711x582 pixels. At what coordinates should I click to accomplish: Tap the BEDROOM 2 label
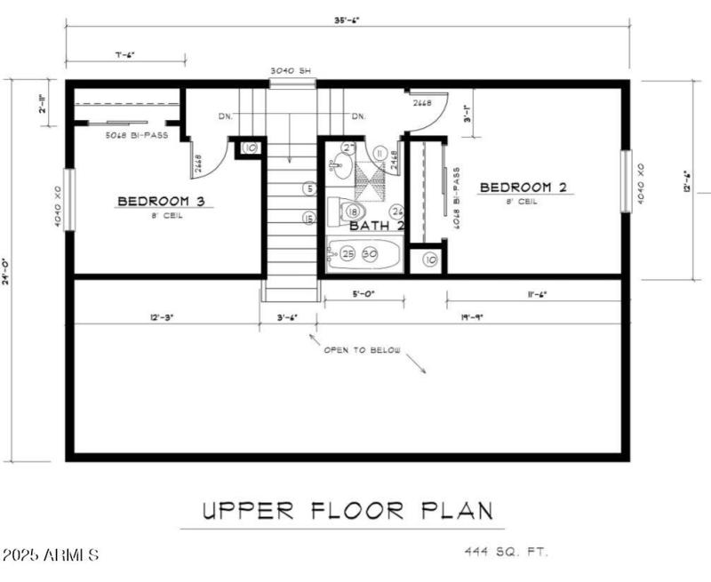pyautogui.click(x=523, y=187)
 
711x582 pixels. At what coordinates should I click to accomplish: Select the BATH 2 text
pyautogui.click(x=377, y=227)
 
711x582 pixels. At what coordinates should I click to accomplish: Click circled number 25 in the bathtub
pyautogui.click(x=348, y=254)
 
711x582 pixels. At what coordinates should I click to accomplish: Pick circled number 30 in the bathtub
pyautogui.click(x=369, y=254)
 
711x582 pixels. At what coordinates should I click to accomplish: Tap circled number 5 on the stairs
pyautogui.click(x=308, y=188)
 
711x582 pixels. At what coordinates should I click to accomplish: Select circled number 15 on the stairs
pyautogui.click(x=308, y=218)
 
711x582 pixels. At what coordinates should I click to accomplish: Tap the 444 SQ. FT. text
pyautogui.click(x=506, y=553)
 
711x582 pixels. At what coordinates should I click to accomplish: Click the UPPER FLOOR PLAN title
pyautogui.click(x=347, y=512)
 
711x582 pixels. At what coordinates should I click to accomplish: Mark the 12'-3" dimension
pyautogui.click(x=156, y=316)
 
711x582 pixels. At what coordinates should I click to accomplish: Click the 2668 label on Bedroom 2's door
pyautogui.click(x=422, y=103)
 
